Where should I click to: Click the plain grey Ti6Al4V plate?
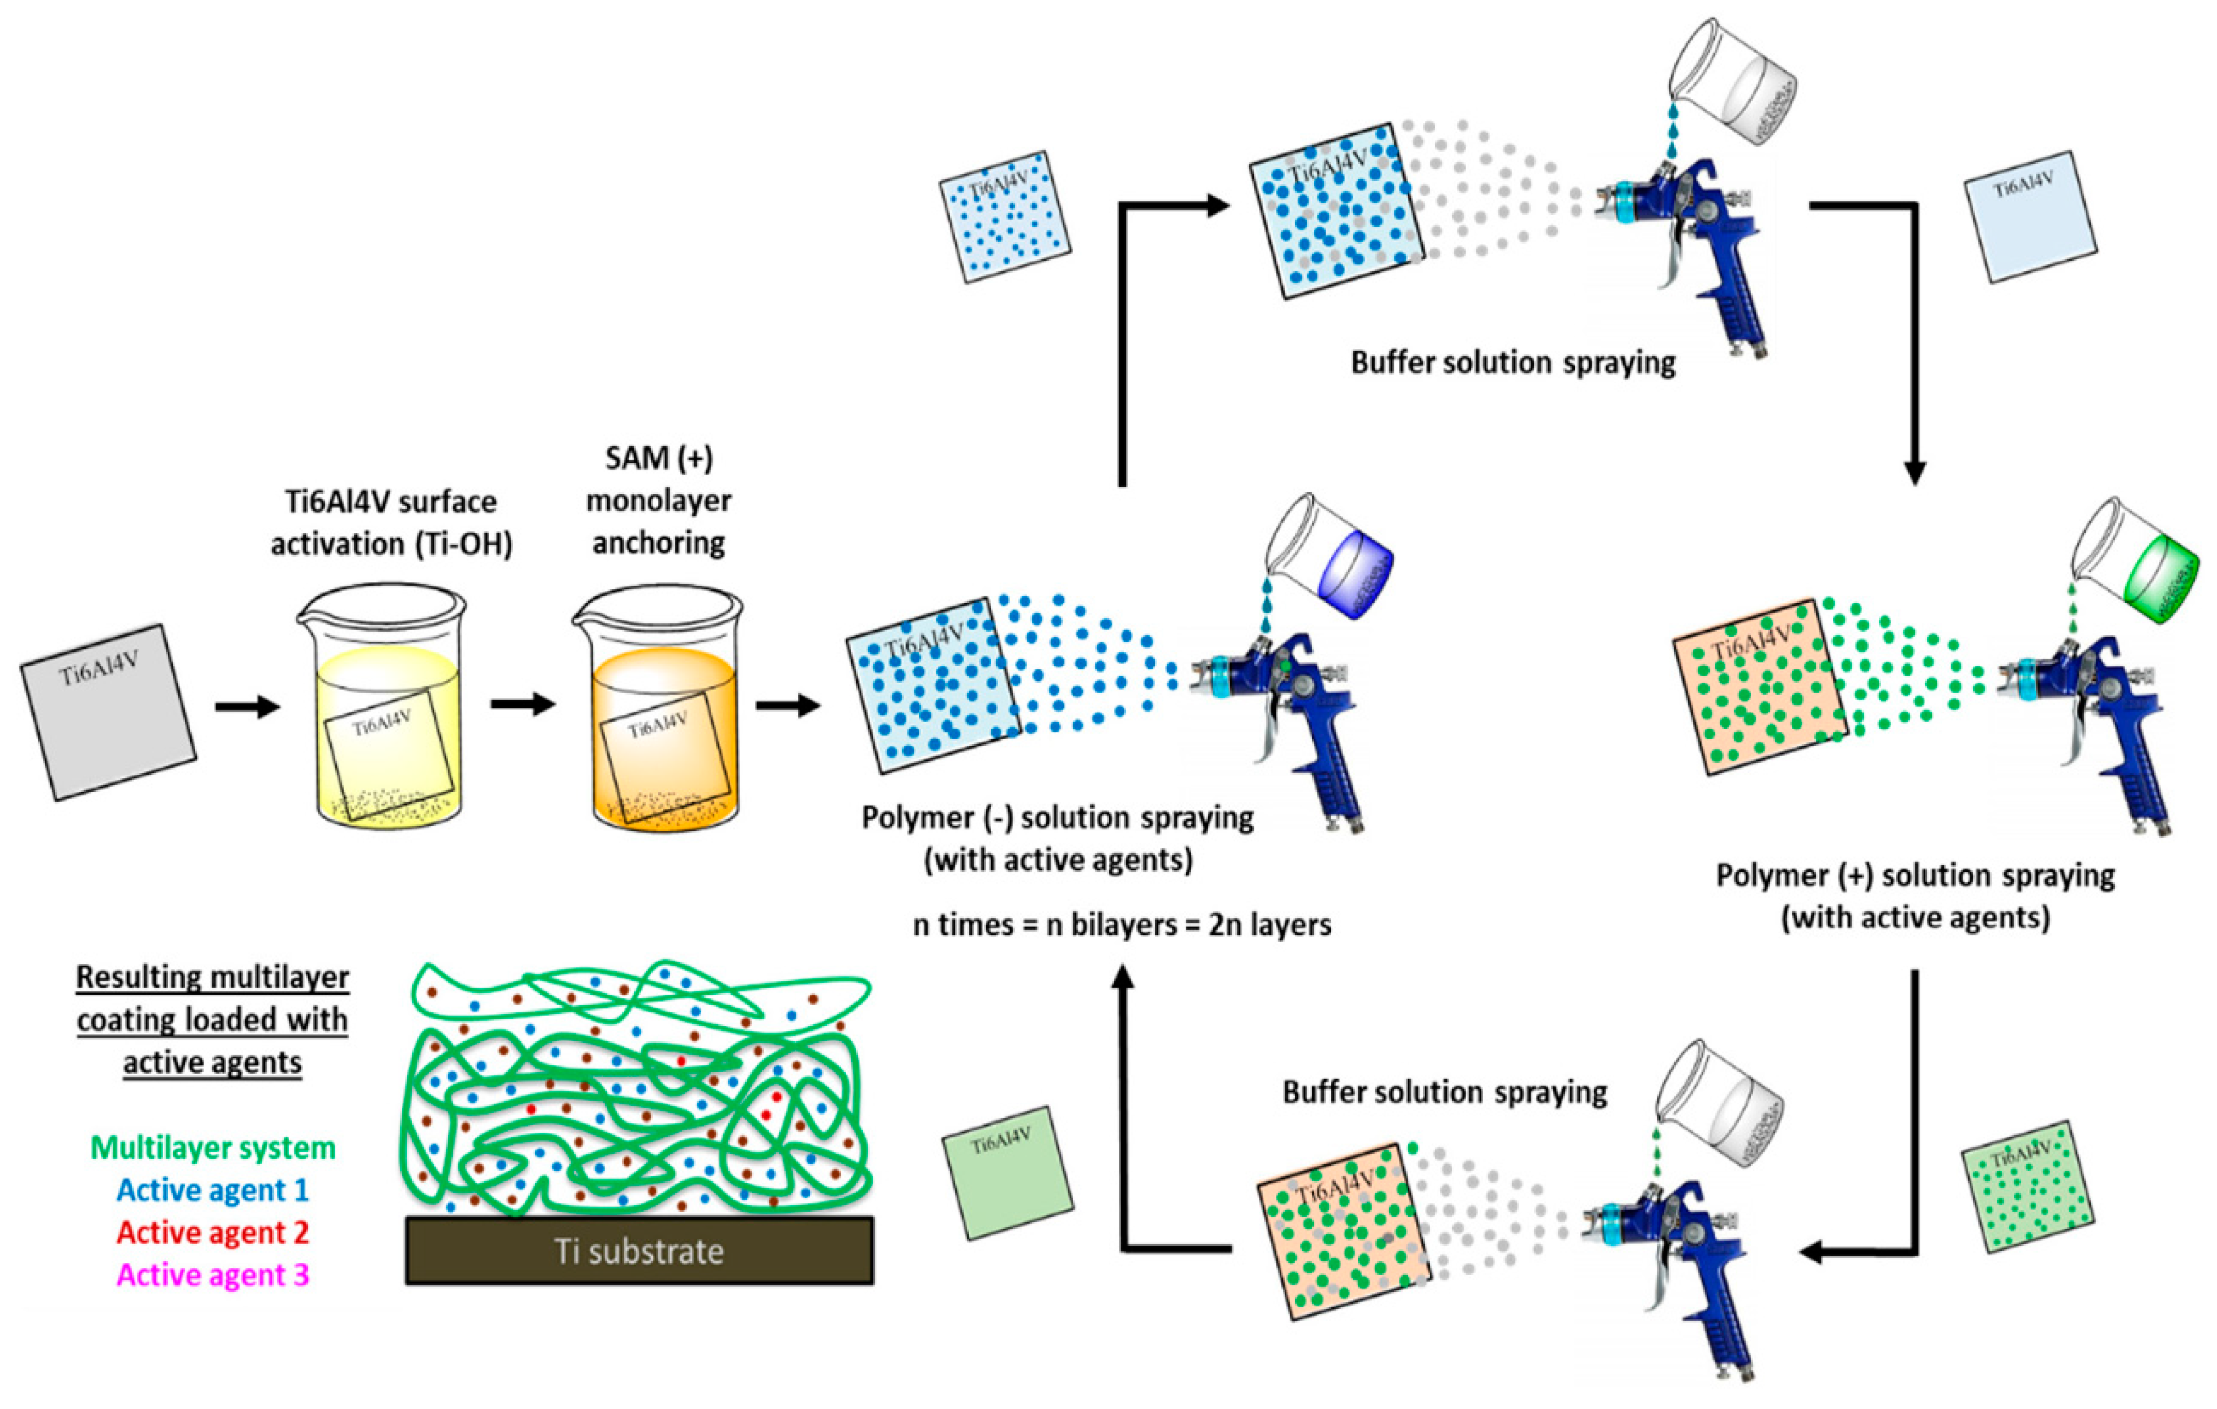point(108,712)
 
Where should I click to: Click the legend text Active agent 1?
point(213,1190)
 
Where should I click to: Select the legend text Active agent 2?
point(213,1232)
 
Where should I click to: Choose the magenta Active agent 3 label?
point(213,1275)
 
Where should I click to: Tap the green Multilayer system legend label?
point(213,1148)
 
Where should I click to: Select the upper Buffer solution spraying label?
point(1513,363)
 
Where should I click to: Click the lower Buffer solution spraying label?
point(1444,1092)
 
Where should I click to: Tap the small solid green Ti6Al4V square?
point(1007,1172)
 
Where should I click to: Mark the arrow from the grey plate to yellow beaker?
point(247,707)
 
